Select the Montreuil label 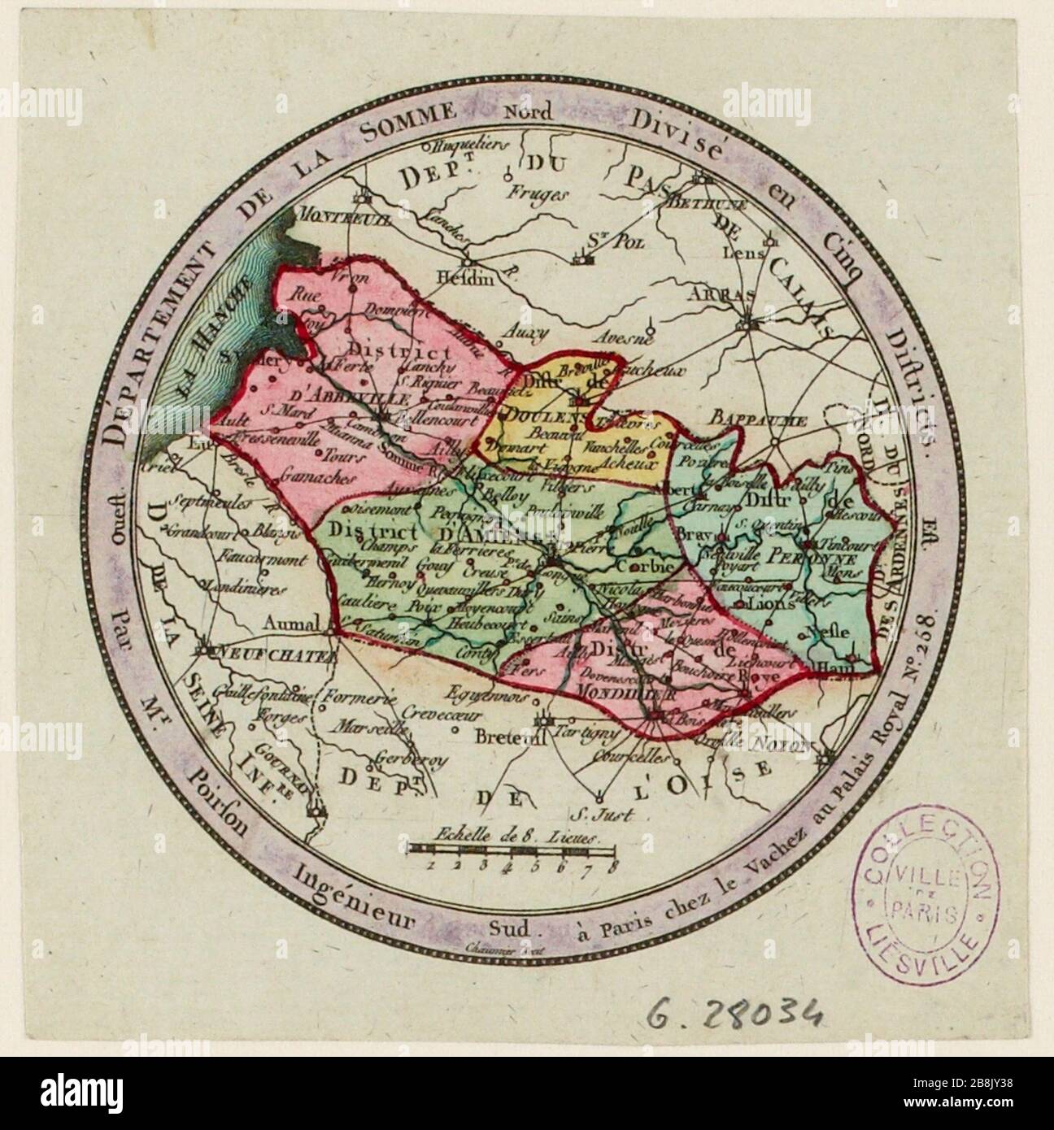point(336,217)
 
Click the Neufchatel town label point(277,653)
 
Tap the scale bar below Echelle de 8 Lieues point(512,850)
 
